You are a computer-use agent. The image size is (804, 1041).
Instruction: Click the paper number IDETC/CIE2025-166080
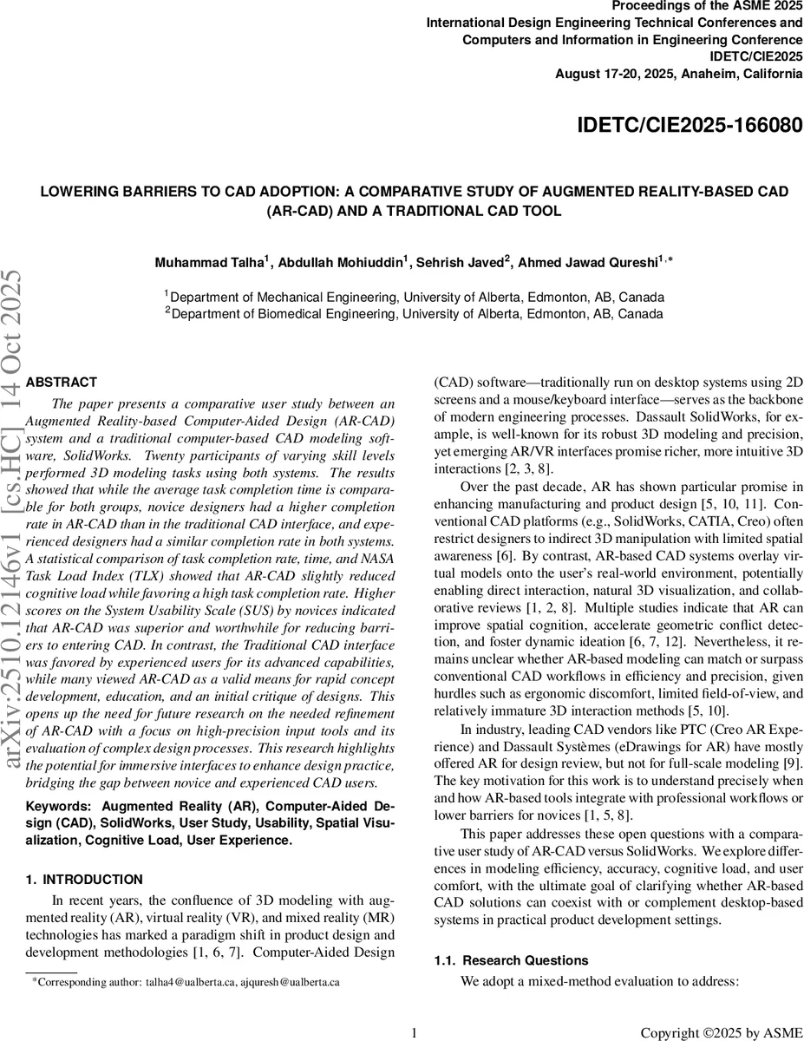[x=690, y=126]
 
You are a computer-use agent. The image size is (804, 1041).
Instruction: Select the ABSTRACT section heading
[x=62, y=382]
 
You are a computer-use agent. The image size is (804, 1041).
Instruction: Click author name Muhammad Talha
[x=199, y=262]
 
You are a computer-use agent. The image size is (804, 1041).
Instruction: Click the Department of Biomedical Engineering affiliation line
[x=415, y=312]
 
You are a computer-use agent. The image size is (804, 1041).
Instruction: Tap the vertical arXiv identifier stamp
[x=15, y=520]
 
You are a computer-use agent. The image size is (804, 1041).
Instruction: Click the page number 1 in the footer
[x=414, y=1032]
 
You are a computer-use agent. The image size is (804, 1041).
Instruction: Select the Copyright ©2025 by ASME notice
[x=721, y=1032]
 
